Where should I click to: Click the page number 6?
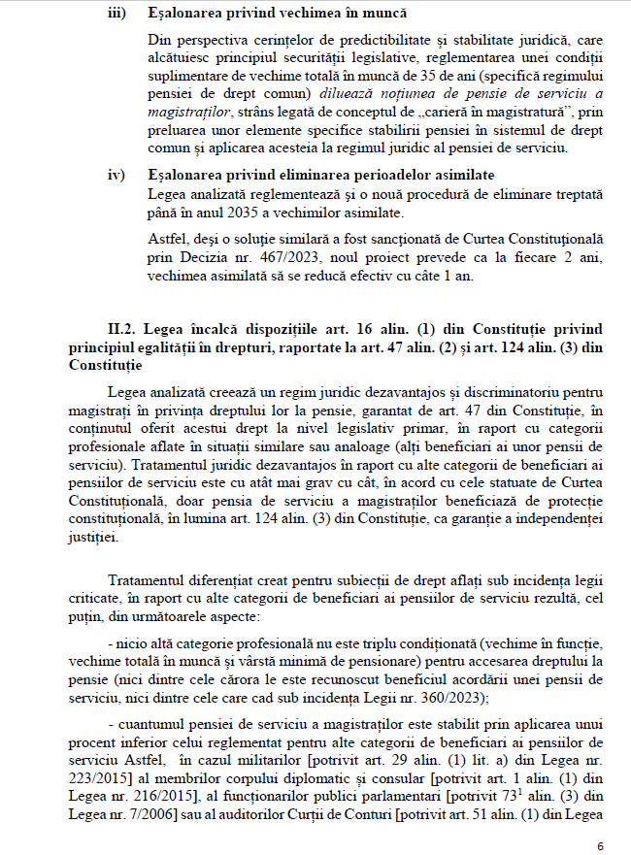click(x=601, y=846)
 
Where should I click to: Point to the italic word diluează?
click(x=356, y=94)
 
